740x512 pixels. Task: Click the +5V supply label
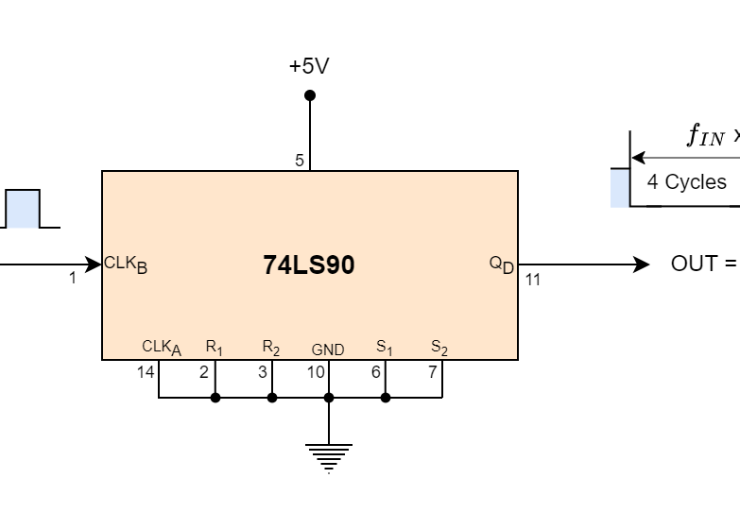point(309,67)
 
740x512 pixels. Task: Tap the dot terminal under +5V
point(310,95)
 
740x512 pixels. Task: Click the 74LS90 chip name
point(309,265)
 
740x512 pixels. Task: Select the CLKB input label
point(126,265)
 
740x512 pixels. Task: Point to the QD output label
point(502,265)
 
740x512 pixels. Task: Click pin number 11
point(533,280)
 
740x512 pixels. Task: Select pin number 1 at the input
point(73,279)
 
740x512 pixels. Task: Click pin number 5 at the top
point(300,161)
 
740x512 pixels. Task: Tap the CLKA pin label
point(161,348)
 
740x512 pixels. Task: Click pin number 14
point(145,372)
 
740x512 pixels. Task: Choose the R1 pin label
point(215,348)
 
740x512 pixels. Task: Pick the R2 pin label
point(271,348)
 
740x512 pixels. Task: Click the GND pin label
point(328,350)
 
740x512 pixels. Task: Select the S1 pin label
point(385,348)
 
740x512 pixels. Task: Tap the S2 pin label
point(439,348)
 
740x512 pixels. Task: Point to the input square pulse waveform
point(25,209)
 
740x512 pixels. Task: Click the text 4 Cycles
point(686,182)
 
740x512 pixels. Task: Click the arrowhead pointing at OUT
point(642,265)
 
